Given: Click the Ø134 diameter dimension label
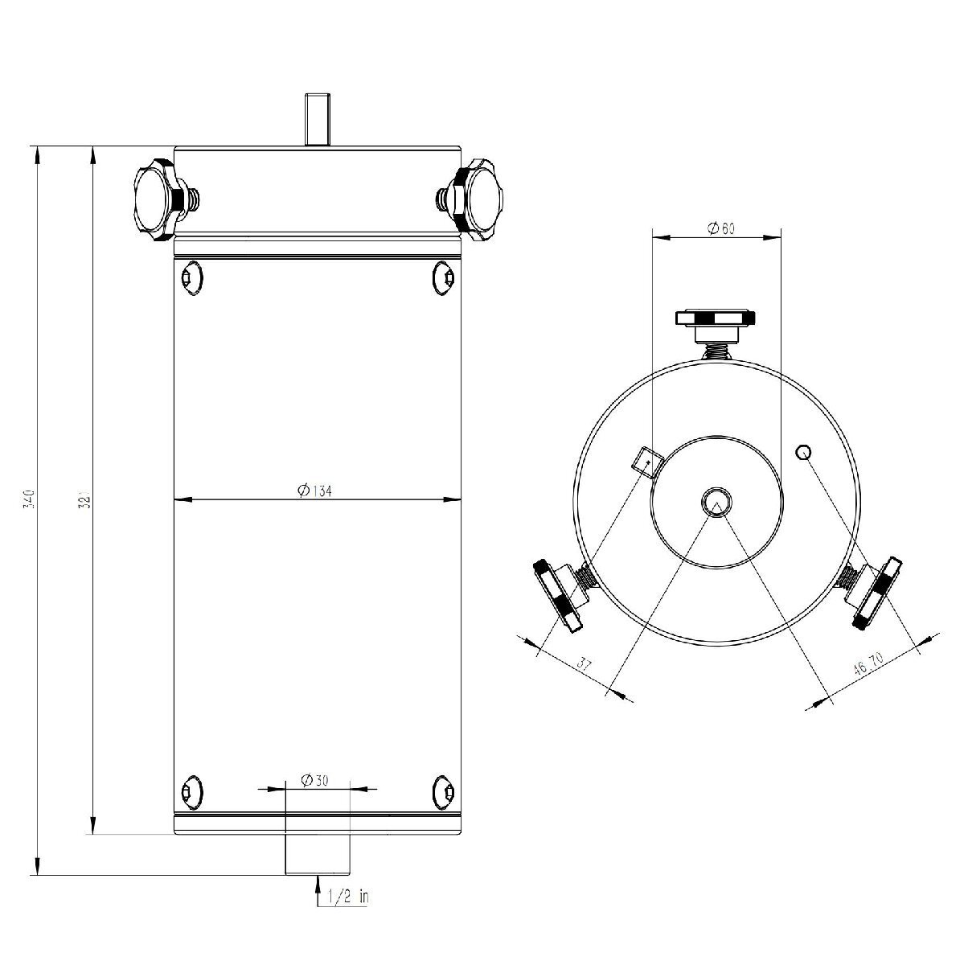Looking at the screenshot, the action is click(x=314, y=491).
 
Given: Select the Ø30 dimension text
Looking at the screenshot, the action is click(x=314, y=780).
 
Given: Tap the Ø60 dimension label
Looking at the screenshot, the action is click(x=720, y=228).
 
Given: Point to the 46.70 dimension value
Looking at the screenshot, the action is click(x=868, y=664).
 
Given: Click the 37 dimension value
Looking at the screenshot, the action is click(x=584, y=664).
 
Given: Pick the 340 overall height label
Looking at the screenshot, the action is click(x=28, y=501).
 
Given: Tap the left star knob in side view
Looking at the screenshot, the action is click(x=168, y=200).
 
